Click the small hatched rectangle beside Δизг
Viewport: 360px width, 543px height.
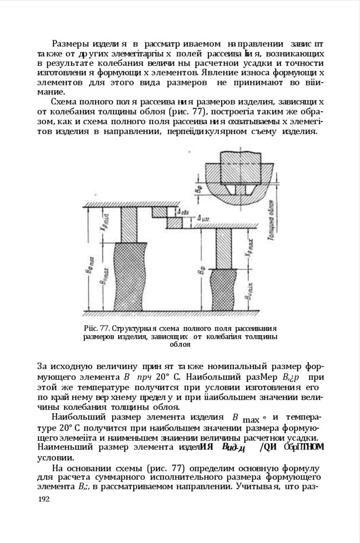click(181, 223)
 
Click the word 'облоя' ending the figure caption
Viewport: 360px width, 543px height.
click(180, 344)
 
